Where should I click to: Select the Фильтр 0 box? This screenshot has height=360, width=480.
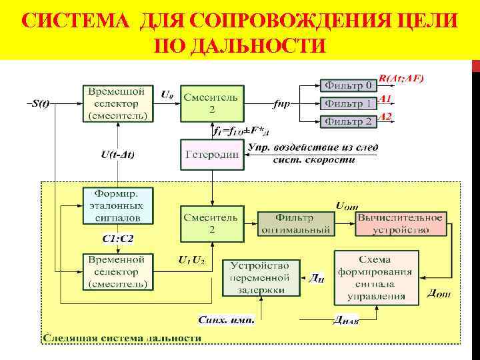(348, 85)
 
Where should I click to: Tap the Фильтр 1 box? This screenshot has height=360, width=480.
(348, 103)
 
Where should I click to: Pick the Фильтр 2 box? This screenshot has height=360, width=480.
(348, 121)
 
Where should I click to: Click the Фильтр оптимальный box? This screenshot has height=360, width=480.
(294, 224)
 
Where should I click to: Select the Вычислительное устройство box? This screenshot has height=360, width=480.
(400, 224)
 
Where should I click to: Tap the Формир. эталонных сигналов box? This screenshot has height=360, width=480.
(118, 206)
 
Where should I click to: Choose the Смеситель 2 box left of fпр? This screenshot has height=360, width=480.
(211, 103)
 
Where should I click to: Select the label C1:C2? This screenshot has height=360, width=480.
(117, 239)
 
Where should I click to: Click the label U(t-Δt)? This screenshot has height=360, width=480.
(117, 155)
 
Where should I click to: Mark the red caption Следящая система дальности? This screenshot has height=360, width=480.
(122, 338)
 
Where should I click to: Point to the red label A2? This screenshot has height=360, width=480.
(385, 117)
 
